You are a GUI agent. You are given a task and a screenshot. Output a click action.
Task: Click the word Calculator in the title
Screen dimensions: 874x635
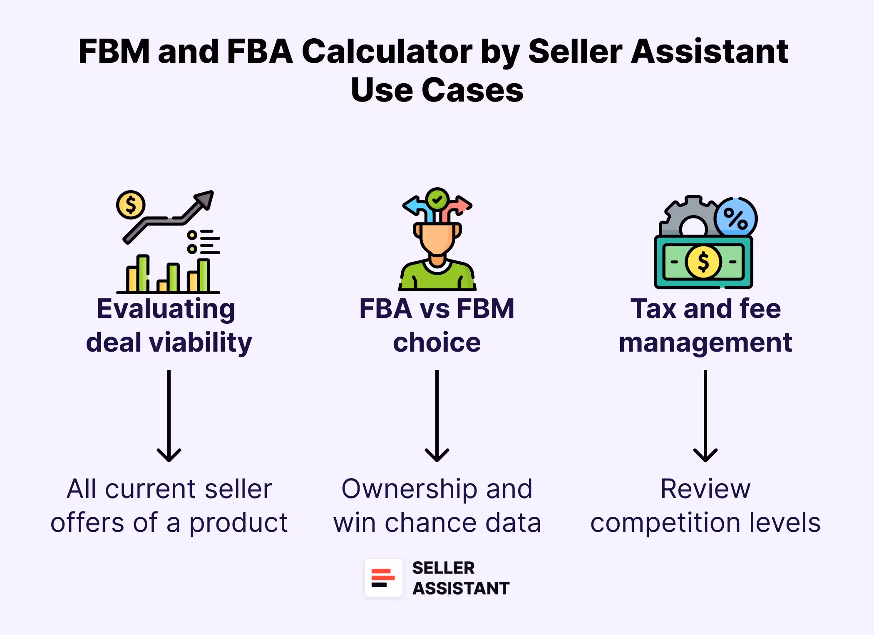387,52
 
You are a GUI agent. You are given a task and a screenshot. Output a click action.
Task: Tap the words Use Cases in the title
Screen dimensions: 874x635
437,90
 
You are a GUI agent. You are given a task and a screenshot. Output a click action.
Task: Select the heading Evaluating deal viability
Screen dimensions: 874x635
169,325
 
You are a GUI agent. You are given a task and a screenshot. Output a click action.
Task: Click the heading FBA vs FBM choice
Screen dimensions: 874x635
437,325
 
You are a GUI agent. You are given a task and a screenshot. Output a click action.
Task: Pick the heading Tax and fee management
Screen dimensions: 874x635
705,325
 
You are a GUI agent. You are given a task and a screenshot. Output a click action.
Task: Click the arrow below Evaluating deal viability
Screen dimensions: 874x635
169,416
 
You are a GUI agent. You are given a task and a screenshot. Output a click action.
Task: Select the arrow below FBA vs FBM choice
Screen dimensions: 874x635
437,416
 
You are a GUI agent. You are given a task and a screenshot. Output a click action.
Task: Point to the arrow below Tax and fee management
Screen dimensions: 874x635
705,416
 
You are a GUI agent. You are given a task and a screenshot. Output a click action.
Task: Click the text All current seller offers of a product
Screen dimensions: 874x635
169,505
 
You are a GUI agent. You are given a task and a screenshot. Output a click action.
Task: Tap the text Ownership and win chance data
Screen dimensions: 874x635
437,505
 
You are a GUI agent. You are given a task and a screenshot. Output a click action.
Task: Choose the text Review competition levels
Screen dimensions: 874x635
705,505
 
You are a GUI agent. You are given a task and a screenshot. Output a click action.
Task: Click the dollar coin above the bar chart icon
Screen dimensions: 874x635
131,205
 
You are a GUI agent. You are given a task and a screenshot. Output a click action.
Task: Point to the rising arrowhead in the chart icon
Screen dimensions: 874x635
205,198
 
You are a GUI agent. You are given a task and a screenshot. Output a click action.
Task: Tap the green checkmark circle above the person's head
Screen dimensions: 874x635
437,199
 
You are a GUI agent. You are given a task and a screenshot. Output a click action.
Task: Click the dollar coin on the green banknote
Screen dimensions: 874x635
703,262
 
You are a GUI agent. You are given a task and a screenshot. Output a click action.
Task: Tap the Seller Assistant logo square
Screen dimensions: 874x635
383,578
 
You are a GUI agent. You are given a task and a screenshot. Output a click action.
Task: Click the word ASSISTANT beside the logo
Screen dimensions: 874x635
461,588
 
